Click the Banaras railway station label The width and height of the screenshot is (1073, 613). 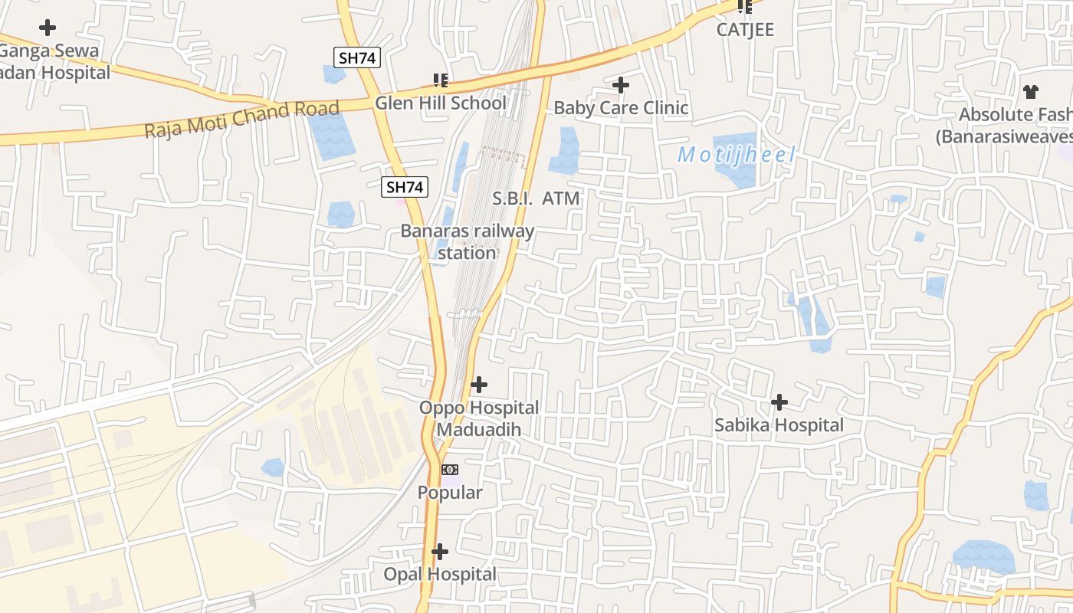(468, 241)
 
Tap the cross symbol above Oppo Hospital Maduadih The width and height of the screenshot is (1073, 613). (479, 384)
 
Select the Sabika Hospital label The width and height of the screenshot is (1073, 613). (779, 425)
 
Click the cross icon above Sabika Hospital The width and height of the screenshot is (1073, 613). (779, 402)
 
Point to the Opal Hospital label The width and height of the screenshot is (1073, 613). (440, 574)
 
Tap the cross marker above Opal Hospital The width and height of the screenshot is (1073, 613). (440, 551)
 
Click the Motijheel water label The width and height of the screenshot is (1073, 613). (737, 155)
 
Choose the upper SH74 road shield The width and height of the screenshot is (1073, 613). (357, 57)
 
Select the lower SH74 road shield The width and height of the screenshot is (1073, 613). (405, 186)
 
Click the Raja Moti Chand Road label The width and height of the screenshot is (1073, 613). (241, 120)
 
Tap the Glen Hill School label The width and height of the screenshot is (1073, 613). (441, 103)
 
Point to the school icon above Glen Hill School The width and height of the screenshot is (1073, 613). (441, 80)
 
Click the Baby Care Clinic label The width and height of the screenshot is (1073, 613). (621, 108)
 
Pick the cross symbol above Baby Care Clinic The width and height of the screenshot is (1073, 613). (621, 84)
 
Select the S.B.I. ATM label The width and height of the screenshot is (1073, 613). (536, 199)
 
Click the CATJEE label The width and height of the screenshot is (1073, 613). (745, 30)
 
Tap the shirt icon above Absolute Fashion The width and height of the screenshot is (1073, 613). (1031, 92)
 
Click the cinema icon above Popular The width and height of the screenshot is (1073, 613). (450, 469)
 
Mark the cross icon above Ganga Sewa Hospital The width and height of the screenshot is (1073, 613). (48, 28)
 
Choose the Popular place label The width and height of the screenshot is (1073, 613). (450, 493)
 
